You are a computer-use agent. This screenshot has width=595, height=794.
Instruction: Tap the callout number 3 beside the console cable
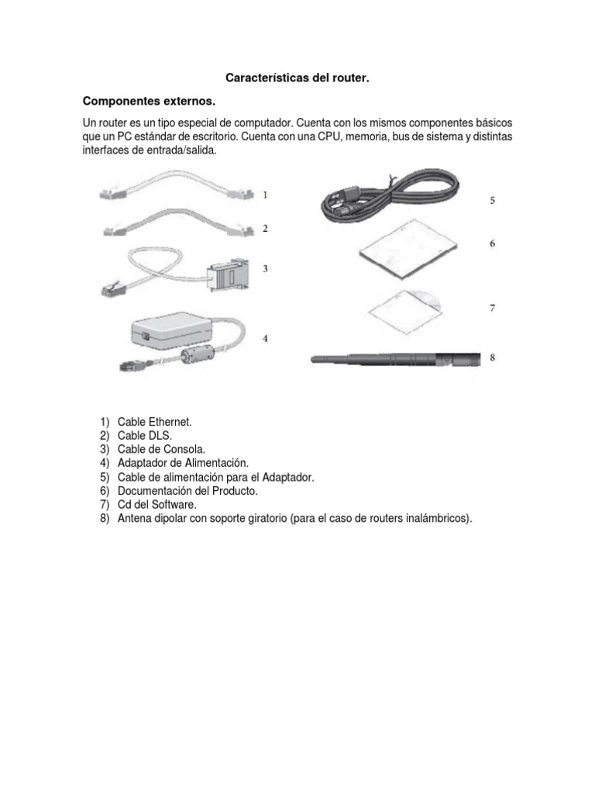click(265, 269)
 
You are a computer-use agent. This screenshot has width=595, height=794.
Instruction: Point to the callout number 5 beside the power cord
click(492, 200)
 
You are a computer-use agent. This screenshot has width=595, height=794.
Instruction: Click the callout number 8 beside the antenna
click(492, 357)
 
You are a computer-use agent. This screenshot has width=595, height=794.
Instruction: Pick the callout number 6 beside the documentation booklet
click(492, 243)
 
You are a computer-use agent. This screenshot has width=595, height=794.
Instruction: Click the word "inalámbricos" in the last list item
click(435, 519)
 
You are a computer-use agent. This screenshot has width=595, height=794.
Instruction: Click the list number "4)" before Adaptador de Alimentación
click(105, 464)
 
